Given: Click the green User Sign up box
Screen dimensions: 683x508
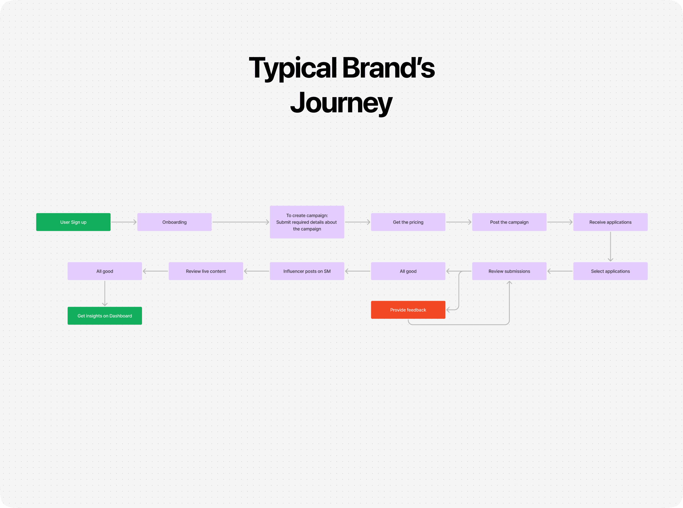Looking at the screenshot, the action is (x=73, y=222).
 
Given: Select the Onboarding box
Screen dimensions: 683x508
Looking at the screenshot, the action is (x=174, y=222).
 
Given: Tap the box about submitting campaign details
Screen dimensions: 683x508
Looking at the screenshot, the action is (x=307, y=222).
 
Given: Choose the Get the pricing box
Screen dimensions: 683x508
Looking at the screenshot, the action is (x=408, y=222).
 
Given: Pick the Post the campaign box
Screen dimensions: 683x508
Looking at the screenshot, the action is (x=509, y=222).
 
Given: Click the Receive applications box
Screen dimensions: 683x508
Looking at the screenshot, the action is (x=610, y=222).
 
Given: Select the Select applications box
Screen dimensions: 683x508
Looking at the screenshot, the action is (x=610, y=271).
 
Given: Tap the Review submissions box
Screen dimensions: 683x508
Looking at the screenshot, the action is (x=509, y=271).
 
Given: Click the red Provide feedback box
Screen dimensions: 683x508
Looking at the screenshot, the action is (x=408, y=310).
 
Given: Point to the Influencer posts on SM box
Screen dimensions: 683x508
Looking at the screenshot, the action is (x=307, y=271).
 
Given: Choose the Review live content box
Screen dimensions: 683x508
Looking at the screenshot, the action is (x=206, y=271).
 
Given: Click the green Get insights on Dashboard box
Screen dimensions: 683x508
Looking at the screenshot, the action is (x=105, y=316).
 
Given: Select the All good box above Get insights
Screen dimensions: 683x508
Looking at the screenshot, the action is (x=105, y=271).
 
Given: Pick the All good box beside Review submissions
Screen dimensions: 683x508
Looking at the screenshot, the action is (x=408, y=271).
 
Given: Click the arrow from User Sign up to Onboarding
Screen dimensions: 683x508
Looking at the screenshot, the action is (x=124, y=222).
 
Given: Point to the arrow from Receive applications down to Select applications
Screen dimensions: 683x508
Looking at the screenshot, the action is (x=610, y=246).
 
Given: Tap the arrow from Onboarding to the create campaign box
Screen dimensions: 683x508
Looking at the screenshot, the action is (x=241, y=222).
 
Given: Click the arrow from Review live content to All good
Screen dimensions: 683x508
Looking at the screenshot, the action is (x=155, y=271).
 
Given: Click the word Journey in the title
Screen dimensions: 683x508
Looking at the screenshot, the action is (x=341, y=103).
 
